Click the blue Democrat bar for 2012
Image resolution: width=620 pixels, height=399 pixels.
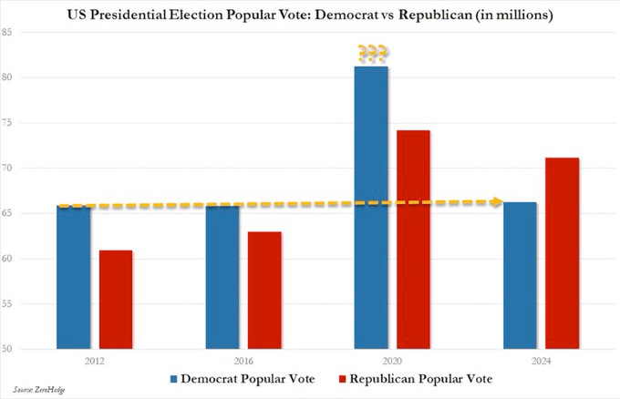73,277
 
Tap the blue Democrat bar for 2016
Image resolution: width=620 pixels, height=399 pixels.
222,277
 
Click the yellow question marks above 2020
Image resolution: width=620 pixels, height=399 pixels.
372,53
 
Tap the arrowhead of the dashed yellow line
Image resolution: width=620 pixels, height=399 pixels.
498,201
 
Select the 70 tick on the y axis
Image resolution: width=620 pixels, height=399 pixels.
33,169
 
